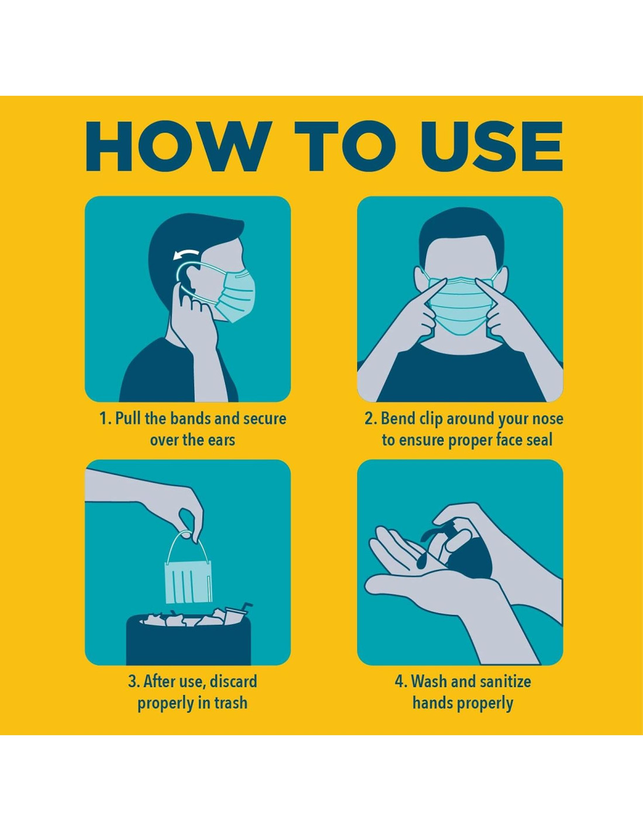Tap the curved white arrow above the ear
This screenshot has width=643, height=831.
(x=186, y=254)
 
